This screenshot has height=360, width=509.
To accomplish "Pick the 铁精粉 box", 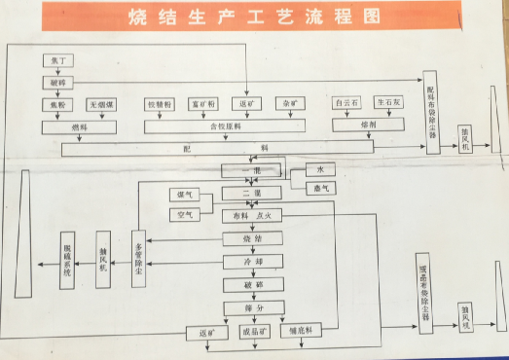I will [x=159, y=103].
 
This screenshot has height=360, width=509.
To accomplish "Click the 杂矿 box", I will [x=289, y=103].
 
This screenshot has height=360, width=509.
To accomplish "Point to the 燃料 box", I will [x=78, y=126].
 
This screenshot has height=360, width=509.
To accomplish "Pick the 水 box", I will [x=319, y=169].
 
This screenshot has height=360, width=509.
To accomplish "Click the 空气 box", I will [x=185, y=213].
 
